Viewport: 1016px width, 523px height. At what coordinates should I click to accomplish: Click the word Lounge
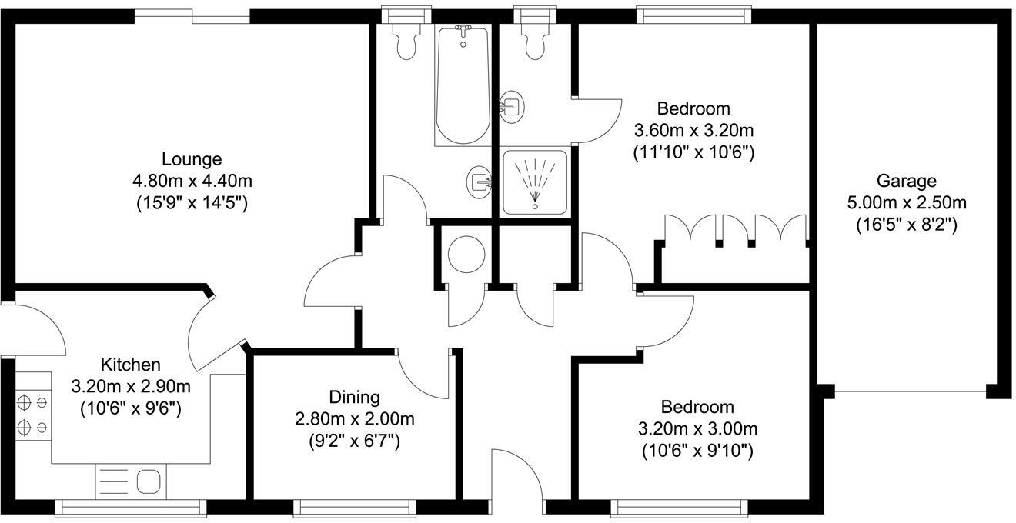tap(192, 159)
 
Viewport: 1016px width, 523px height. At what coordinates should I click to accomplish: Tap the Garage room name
tap(906, 181)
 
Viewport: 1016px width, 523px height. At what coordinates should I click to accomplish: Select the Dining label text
tap(354, 397)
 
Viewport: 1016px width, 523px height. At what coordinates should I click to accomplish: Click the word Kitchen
tap(130, 364)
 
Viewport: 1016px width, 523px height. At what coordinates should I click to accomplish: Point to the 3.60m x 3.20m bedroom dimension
tap(693, 130)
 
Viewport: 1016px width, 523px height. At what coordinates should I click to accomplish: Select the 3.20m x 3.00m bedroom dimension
tap(697, 428)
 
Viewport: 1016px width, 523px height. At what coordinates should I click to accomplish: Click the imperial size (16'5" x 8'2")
tap(906, 225)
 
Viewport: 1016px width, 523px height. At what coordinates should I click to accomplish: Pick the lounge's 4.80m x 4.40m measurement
tap(192, 182)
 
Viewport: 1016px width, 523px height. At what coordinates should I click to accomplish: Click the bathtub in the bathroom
tap(463, 85)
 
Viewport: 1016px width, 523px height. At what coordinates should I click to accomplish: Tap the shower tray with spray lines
tap(535, 182)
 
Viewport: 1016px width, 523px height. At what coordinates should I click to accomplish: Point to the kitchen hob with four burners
tap(32, 414)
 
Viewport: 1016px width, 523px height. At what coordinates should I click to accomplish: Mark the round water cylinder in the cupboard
tap(466, 253)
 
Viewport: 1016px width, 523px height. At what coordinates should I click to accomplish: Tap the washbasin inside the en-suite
tap(511, 105)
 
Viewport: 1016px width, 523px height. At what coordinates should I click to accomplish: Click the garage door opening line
tap(911, 392)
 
